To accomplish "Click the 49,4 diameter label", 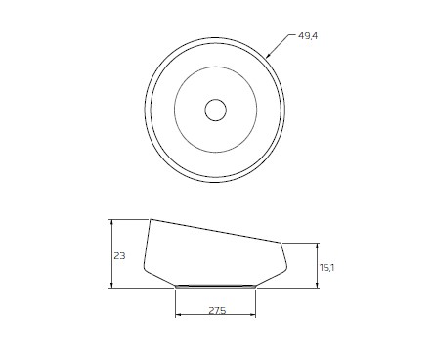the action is pyautogui.click(x=308, y=36).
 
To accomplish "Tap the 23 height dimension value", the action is pyautogui.click(x=119, y=256).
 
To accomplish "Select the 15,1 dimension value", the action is pyautogui.click(x=326, y=268).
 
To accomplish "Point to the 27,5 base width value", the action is pyautogui.click(x=217, y=311).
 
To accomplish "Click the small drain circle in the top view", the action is pyautogui.click(x=215, y=110).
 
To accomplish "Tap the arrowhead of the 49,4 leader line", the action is pyautogui.click(x=269, y=55).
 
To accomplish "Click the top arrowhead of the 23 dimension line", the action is pyautogui.click(x=112, y=222).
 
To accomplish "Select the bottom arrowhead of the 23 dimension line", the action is pyautogui.click(x=112, y=286).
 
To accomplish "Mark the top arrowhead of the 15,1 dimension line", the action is pyautogui.click(x=318, y=246).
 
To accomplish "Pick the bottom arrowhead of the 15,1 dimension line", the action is pyautogui.click(x=318, y=286).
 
